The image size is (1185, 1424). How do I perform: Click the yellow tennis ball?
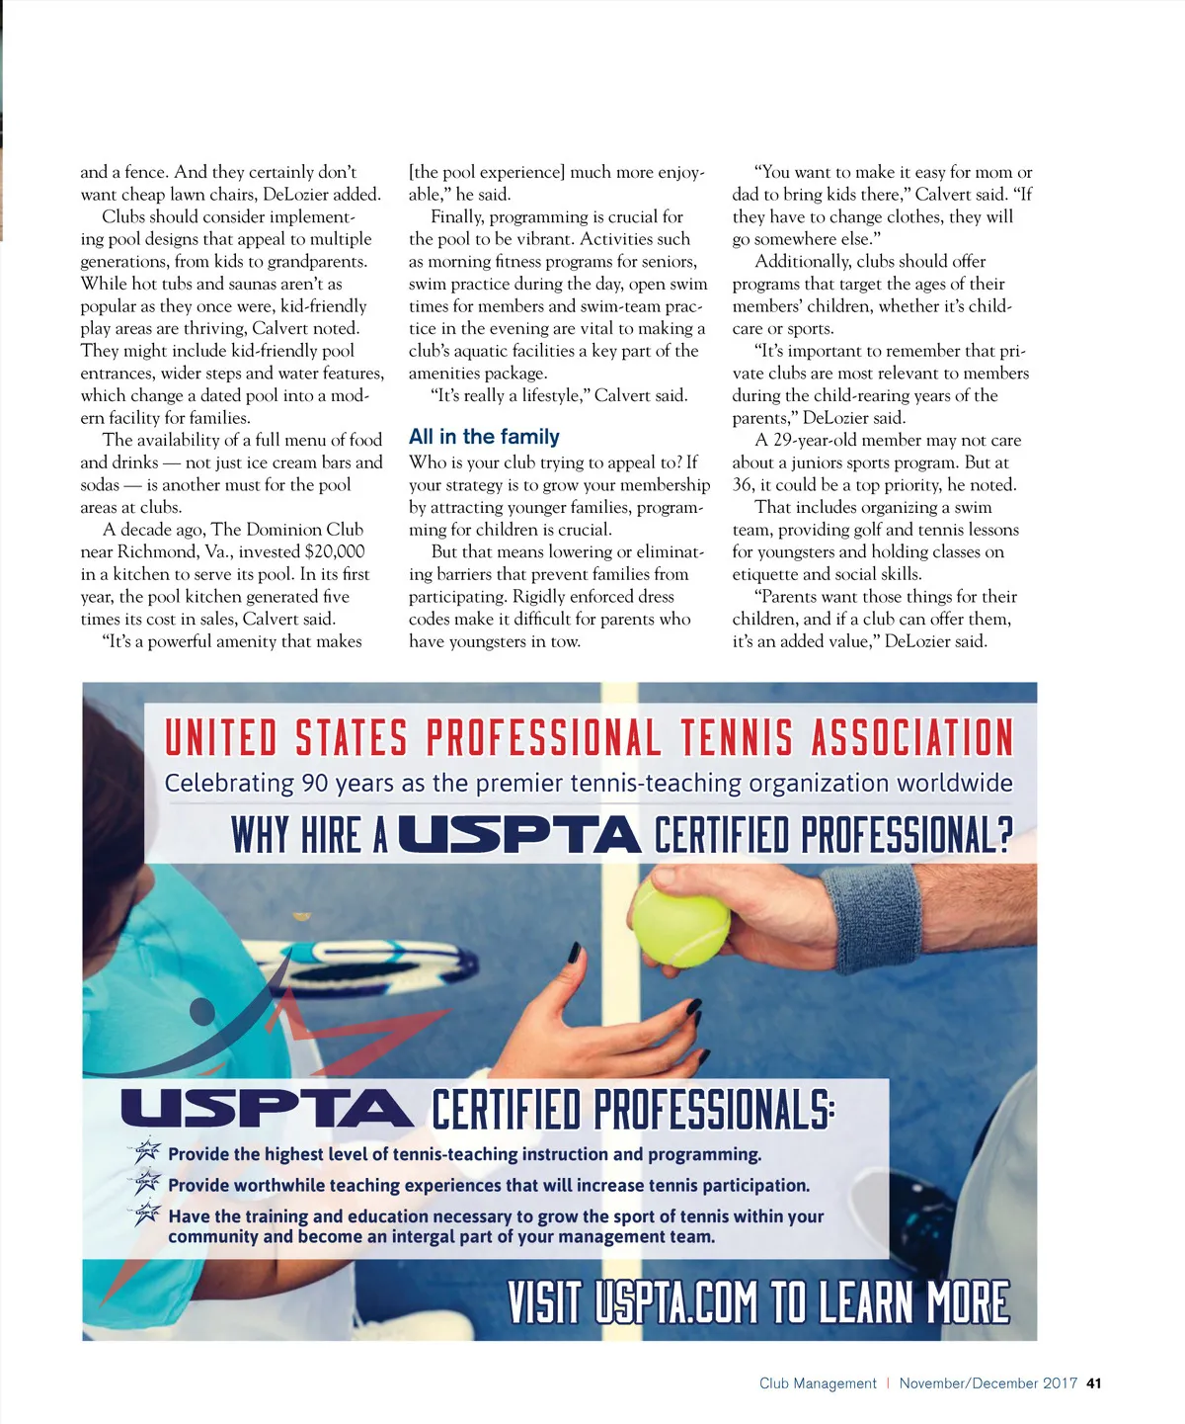point(679,923)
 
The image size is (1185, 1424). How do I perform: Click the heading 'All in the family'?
point(484,437)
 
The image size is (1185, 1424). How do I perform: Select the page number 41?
point(1093,1383)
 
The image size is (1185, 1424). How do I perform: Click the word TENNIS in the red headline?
point(736,738)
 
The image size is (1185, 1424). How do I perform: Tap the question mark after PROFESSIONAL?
point(1004,835)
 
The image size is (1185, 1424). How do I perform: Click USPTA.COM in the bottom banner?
point(676,1301)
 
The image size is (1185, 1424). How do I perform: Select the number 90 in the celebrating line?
point(315,784)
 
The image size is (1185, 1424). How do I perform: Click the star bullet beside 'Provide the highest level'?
point(147,1151)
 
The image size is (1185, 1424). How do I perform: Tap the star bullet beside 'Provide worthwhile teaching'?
point(147,1183)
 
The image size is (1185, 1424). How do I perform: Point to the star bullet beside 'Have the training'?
point(147,1215)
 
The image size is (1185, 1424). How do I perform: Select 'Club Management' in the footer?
point(818,1383)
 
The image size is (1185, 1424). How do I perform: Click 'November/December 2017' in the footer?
point(987,1383)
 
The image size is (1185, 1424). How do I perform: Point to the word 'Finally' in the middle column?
point(457,216)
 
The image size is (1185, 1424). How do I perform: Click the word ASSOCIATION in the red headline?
point(912,738)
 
